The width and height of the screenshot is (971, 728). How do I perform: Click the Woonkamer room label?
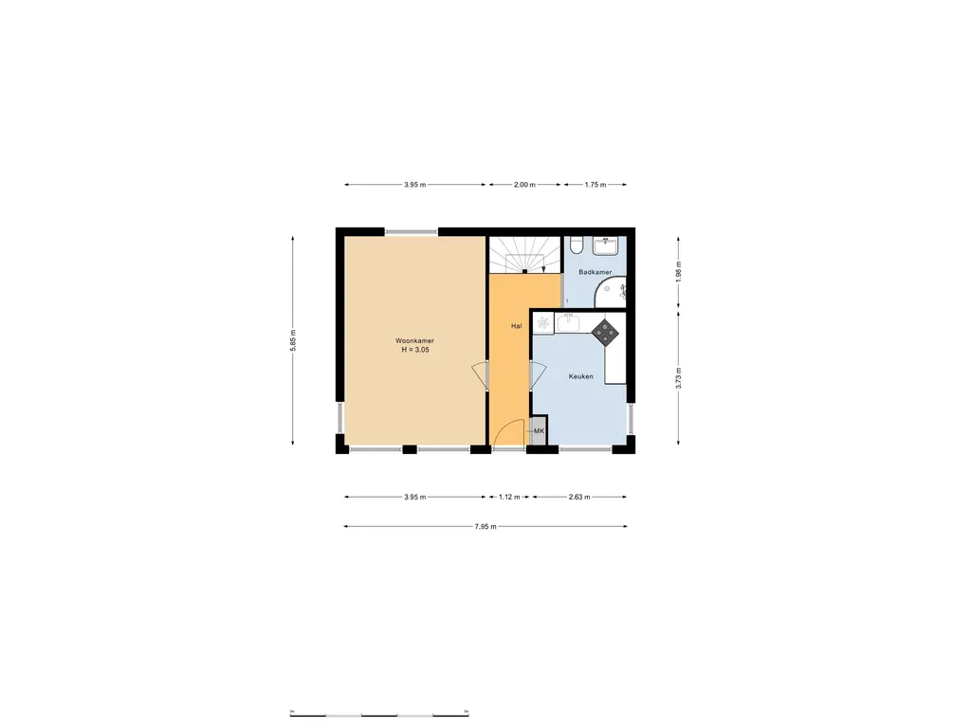pos(414,340)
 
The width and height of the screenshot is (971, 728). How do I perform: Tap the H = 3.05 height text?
pos(414,350)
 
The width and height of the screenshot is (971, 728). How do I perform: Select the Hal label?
pos(516,326)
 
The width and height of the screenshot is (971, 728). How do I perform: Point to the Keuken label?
pos(580,376)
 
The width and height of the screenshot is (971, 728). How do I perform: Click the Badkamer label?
pos(596,272)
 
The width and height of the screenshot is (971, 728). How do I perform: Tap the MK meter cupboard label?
pos(539,431)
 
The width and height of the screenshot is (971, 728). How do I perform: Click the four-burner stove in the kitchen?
pos(604,331)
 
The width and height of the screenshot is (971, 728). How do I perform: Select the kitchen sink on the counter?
pos(569,323)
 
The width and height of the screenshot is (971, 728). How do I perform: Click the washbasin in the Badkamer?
pos(606,245)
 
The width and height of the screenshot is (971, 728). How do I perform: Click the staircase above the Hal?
pos(524,254)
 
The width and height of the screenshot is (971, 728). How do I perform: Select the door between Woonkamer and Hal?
pos(481,376)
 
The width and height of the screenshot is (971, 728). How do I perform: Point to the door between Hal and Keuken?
pos(535,376)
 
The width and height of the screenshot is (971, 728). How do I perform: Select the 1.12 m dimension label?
pos(509,497)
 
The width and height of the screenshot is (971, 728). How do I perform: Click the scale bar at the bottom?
pos(378,713)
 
